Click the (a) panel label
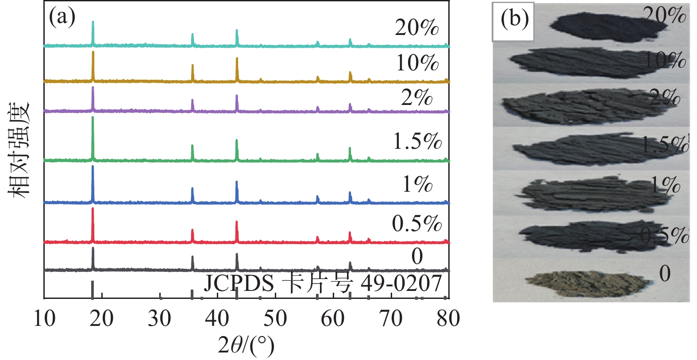click(x=62, y=18)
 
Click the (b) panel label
click(x=514, y=19)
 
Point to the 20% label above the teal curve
click(x=416, y=28)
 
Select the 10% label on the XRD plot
click(x=417, y=63)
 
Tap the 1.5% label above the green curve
click(x=417, y=142)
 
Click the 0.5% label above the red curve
click(x=416, y=224)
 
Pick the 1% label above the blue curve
click(x=417, y=184)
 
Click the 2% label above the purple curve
click(x=416, y=98)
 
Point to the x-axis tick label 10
click(x=45, y=318)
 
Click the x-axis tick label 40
click(x=218, y=318)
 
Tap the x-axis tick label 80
click(x=448, y=318)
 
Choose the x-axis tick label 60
click(x=333, y=318)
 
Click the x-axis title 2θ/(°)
click(x=246, y=345)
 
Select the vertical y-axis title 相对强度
click(x=19, y=150)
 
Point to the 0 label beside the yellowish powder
click(x=665, y=273)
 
